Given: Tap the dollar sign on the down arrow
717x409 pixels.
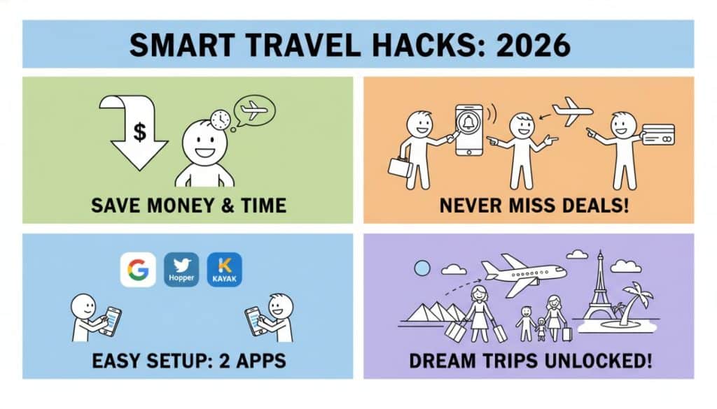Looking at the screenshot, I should tap(139, 132).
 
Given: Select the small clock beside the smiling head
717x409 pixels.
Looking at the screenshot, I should tap(220, 120).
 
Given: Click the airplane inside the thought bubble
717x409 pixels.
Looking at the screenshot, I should tap(253, 110).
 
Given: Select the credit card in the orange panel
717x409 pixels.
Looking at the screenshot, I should tap(658, 134).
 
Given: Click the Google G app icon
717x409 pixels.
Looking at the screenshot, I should tap(138, 270).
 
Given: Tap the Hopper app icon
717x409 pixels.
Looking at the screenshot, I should tap(181, 270).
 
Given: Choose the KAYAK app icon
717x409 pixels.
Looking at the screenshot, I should tap(225, 270).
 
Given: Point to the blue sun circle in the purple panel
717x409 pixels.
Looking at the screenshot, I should tap(422, 268).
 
